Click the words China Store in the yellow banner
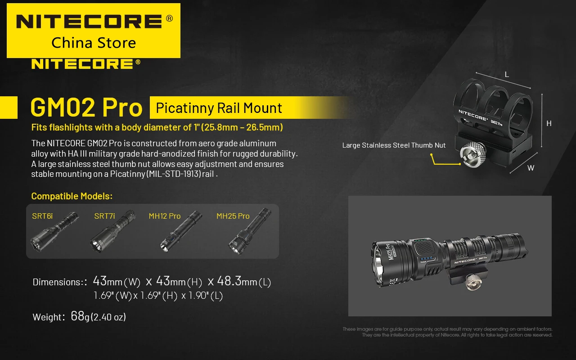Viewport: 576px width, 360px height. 94,43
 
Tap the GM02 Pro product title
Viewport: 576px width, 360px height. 86,108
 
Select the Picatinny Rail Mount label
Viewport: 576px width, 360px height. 219,108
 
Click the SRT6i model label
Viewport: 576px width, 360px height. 42,216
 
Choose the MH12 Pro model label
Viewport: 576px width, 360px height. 165,216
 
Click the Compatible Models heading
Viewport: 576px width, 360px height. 72,196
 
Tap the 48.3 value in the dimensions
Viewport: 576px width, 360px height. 229,281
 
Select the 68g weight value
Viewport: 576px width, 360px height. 80,316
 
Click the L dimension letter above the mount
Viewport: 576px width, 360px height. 507,75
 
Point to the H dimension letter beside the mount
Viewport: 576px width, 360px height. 549,123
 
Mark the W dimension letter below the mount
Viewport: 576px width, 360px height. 531,168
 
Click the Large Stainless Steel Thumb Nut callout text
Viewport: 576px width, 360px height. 394,145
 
